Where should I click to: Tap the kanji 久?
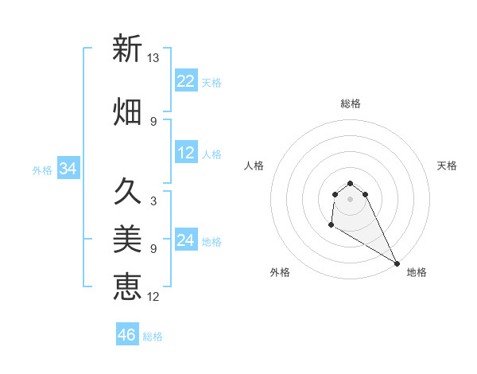tap(127, 191)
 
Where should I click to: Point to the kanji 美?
tap(127, 239)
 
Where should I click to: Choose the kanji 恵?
tap(127, 286)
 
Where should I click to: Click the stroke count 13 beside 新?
tap(153, 57)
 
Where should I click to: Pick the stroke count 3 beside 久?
tap(153, 201)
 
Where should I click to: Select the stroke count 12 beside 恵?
tap(153, 297)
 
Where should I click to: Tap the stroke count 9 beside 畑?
tap(153, 121)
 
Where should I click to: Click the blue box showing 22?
tap(186, 81)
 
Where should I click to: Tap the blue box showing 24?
tap(186, 240)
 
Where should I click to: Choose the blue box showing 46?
tap(127, 334)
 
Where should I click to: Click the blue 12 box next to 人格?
tap(186, 153)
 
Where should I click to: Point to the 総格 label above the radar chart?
tap(351, 103)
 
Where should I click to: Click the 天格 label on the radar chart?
tap(447, 166)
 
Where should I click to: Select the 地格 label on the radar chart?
tap(417, 272)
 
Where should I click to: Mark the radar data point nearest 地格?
tap(397, 263)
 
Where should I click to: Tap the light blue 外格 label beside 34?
tap(42, 169)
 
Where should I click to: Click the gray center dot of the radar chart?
tap(351, 199)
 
